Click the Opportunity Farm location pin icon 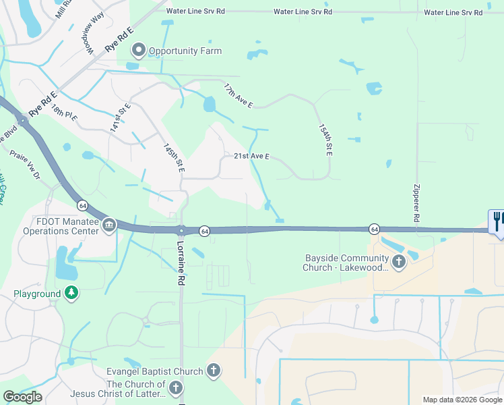139,51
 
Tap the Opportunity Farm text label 185,51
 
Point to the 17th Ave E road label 239,95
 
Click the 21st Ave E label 251,156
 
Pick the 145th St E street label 174,157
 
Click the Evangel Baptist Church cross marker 213,371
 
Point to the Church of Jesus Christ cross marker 175,387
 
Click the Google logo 22,397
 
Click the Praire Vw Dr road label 25,164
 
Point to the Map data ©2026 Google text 462,400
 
